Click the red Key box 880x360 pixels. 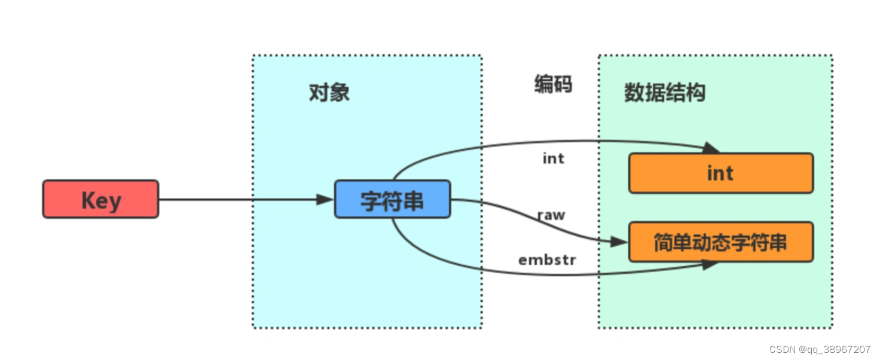[100, 199]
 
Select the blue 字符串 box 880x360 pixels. [392, 199]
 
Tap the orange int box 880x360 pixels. [720, 173]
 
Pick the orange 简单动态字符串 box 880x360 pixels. [720, 242]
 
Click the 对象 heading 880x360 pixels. [329, 93]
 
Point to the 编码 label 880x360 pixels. [552, 84]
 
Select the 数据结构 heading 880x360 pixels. [664, 93]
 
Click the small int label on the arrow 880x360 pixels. [553, 158]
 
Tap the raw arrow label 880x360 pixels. [551, 215]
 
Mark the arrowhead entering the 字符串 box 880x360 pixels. [324, 199]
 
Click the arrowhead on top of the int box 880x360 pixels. [711, 148]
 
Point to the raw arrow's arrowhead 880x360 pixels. [620, 242]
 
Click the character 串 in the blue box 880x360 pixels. [413, 200]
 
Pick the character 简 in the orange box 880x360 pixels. [663, 243]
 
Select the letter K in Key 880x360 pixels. [88, 200]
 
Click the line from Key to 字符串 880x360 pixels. [239, 199]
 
